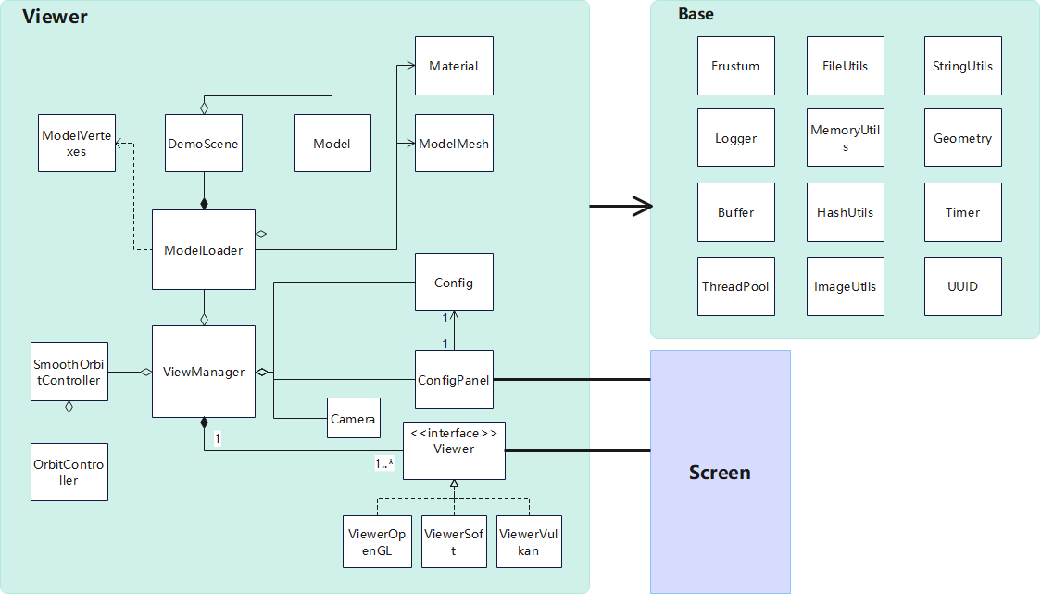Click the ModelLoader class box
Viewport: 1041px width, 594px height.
click(x=204, y=249)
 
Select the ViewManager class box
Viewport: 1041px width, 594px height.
click(x=204, y=372)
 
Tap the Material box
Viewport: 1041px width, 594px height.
click(x=454, y=66)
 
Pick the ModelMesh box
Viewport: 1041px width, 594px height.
click(x=454, y=144)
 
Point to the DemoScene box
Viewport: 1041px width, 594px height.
click(x=204, y=144)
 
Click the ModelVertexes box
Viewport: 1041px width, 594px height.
click(x=77, y=144)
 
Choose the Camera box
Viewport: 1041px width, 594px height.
click(x=354, y=419)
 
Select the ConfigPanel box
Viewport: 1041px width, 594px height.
click(x=454, y=379)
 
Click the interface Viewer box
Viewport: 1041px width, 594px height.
click(x=454, y=449)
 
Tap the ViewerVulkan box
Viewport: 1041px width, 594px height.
click(x=530, y=542)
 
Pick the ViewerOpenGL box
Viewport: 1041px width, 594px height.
click(x=378, y=542)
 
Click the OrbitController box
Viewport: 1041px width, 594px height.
click(x=69, y=473)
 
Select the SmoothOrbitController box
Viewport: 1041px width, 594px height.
click(x=69, y=372)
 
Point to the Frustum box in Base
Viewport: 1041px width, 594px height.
click(x=735, y=66)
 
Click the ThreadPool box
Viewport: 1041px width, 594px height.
click(x=735, y=286)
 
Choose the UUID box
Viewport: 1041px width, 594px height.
click(x=962, y=286)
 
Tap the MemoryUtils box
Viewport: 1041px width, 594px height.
click(x=846, y=138)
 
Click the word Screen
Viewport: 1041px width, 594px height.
click(x=720, y=473)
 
